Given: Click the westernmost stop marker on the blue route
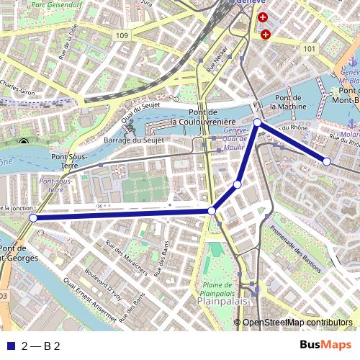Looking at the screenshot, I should [33, 217].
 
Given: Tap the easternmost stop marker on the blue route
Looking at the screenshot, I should [326, 161].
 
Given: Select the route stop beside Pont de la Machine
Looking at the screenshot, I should [258, 122].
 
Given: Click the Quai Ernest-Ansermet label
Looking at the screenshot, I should [91, 290].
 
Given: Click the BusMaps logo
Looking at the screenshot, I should [325, 346].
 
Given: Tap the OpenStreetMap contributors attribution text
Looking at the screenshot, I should [297, 323].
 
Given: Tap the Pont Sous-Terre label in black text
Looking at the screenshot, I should [69, 161].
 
